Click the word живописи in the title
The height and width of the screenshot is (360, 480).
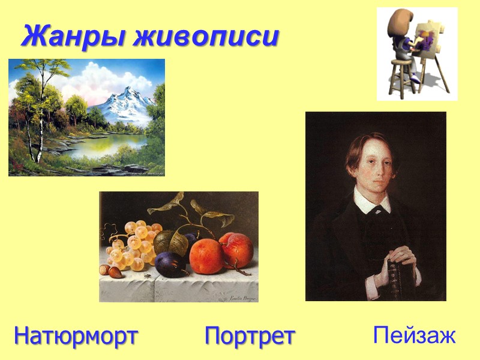coord(206,37)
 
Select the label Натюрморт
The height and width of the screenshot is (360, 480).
coord(76,335)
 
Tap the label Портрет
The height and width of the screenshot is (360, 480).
coord(250,335)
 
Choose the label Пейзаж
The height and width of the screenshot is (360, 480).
coord(414,335)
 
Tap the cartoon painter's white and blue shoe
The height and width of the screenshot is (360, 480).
coord(415,79)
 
